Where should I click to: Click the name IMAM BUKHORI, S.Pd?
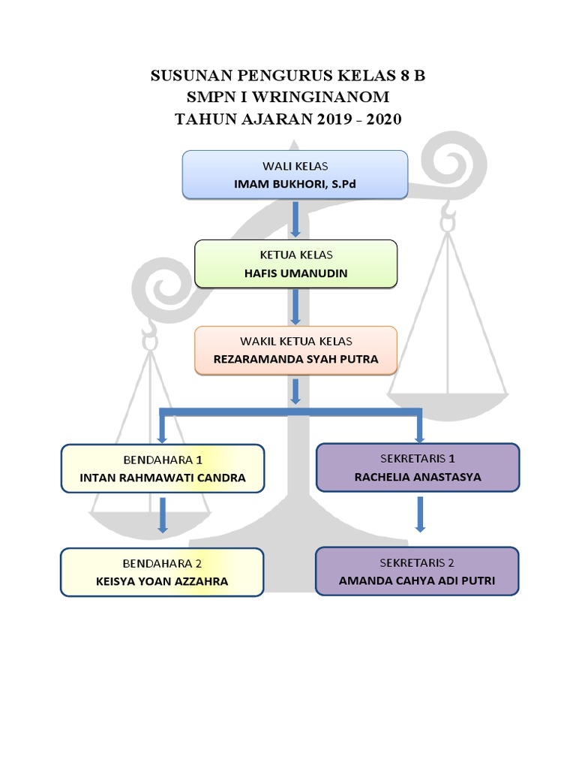pyautogui.click(x=295, y=182)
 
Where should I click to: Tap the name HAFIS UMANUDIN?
pyautogui.click(x=295, y=273)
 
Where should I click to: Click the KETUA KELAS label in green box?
pyautogui.click(x=295, y=255)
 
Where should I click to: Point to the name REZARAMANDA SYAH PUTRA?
pyautogui.click(x=295, y=359)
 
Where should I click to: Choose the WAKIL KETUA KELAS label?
pyautogui.click(x=295, y=341)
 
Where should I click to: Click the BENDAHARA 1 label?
pyautogui.click(x=162, y=459)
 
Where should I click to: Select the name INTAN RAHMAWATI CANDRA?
pyautogui.click(x=162, y=477)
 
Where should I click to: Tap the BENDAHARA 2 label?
pyautogui.click(x=162, y=562)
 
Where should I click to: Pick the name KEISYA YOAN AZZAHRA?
pyautogui.click(x=162, y=581)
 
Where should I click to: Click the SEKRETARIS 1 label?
pyautogui.click(x=418, y=458)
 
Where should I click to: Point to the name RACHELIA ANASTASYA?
pyautogui.click(x=418, y=476)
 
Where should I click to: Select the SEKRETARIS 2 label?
pyautogui.click(x=417, y=562)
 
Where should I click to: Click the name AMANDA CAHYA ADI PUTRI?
pyautogui.click(x=417, y=581)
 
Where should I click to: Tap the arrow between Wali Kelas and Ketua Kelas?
pyautogui.click(x=295, y=218)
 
